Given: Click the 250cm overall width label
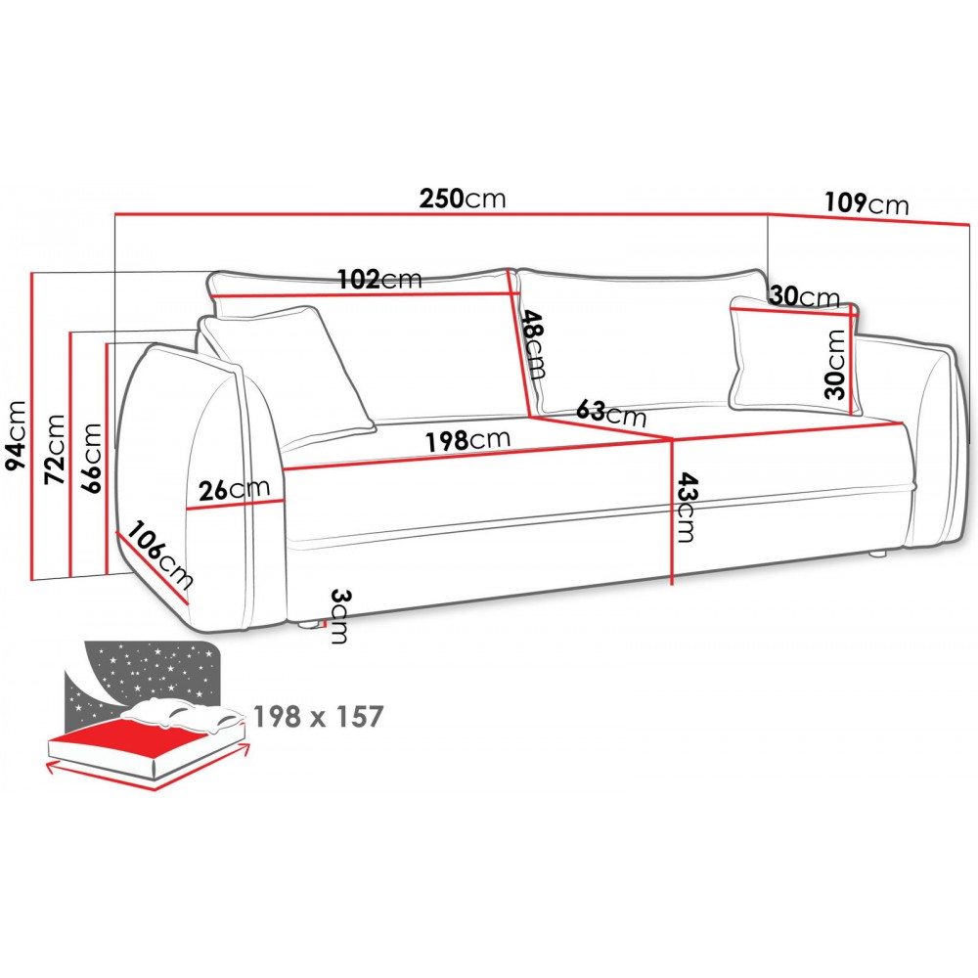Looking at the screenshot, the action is click(x=463, y=199).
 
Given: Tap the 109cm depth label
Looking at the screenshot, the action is click(x=867, y=203).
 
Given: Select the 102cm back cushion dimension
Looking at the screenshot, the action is click(x=379, y=279).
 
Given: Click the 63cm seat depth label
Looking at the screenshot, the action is click(x=611, y=413).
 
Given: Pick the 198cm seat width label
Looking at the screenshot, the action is click(x=467, y=440).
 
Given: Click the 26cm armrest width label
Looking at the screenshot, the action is click(x=234, y=490).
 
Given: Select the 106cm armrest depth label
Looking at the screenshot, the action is click(x=160, y=555).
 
